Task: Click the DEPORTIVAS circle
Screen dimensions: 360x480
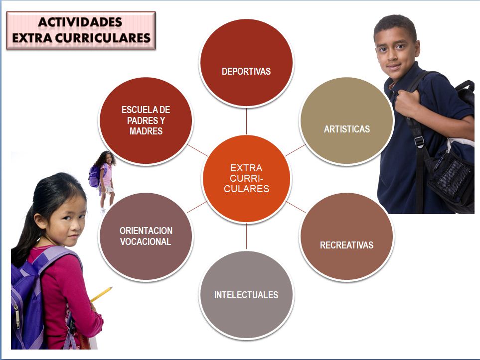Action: click(246, 62)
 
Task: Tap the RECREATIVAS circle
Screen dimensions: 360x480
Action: click(346, 237)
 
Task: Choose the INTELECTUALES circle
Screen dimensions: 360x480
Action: click(246, 295)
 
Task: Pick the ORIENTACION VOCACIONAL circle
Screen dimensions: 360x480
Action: click(146, 237)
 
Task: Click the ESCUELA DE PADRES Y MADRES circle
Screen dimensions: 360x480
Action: click(146, 120)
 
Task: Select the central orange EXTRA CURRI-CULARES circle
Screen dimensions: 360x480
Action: click(246, 178)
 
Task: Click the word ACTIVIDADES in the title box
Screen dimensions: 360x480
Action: click(80, 22)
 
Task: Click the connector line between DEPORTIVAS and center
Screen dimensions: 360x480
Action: click(246, 120)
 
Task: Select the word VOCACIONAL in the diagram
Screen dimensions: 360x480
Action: click(146, 242)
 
